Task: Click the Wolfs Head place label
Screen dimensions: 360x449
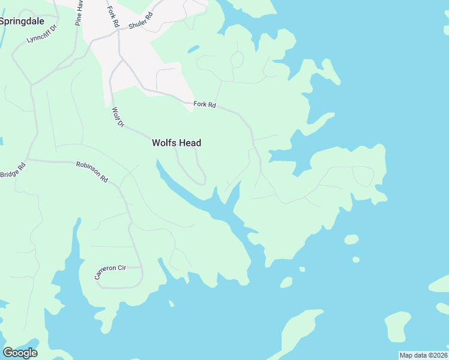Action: click(176, 143)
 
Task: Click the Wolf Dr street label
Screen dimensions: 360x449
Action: click(117, 117)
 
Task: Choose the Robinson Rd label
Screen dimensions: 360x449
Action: click(91, 171)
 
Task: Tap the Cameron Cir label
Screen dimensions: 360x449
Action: click(108, 271)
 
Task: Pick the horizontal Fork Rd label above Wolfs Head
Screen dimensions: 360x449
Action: click(204, 104)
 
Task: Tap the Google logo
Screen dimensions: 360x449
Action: click(20, 352)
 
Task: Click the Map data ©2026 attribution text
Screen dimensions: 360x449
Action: click(423, 355)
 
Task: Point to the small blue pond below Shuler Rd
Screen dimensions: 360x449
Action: click(193, 49)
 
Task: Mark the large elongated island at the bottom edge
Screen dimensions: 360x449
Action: click(300, 333)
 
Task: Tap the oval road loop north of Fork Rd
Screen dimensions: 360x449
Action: click(237, 59)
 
